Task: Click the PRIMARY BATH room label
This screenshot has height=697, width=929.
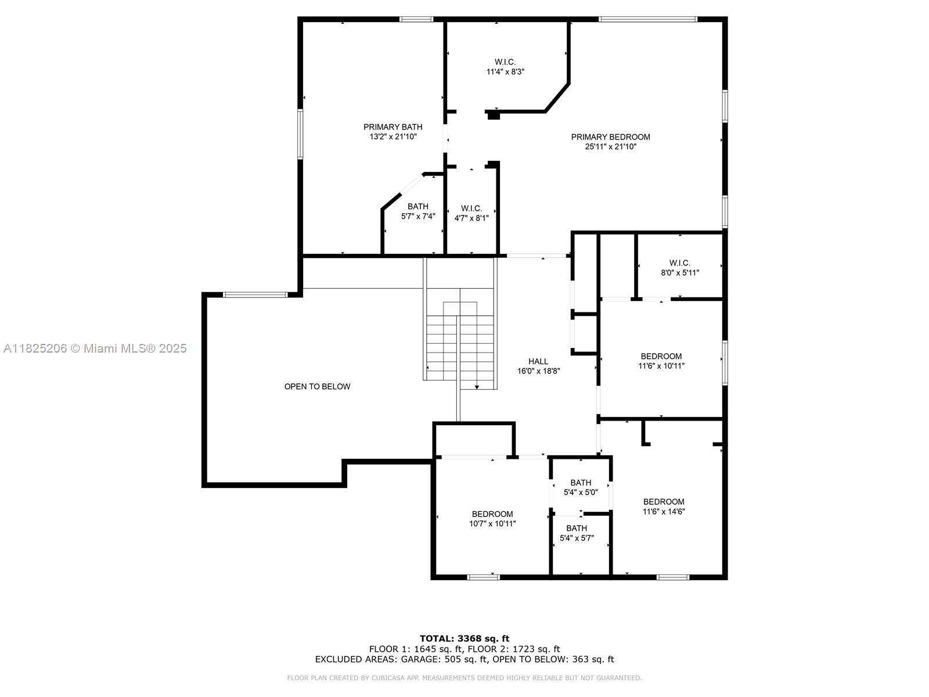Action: pos(393,127)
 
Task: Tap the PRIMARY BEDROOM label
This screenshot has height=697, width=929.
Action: pos(610,137)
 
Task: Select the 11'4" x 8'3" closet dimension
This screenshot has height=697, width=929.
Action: pos(505,72)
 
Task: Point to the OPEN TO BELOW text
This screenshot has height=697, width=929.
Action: pos(317,386)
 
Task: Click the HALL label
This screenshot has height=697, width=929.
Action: pos(538,361)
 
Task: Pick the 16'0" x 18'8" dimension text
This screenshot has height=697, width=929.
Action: pos(538,371)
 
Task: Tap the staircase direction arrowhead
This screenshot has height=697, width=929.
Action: pos(477,387)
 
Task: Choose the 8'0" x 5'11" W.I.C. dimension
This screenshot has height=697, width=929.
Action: pos(680,273)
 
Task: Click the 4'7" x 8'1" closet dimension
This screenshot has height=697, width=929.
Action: pos(471,218)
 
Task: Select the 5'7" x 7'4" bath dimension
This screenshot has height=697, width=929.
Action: pos(418,216)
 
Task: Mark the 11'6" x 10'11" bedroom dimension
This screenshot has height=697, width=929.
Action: pos(661,366)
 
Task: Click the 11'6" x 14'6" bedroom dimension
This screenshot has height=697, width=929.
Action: pos(664,512)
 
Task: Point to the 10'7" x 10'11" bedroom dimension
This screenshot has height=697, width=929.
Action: pos(492,524)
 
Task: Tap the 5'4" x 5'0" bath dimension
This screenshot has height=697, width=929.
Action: pos(581,493)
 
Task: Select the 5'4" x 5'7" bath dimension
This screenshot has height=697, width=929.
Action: pos(577,538)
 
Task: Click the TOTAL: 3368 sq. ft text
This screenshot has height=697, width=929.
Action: pos(464,638)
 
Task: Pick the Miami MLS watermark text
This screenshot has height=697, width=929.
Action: pos(95,348)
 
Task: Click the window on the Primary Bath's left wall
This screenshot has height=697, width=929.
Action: pos(300,134)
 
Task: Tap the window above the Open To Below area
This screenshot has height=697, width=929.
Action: pos(255,295)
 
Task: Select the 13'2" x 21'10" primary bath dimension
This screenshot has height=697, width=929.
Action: pos(393,136)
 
